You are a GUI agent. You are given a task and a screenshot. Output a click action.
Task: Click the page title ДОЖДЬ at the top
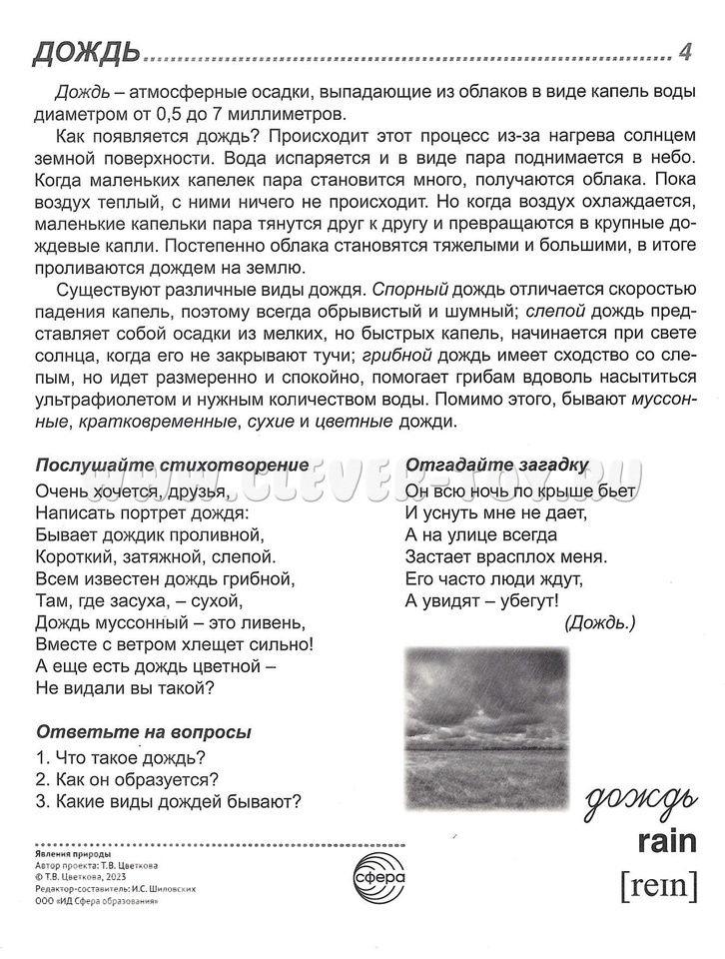(x=84, y=51)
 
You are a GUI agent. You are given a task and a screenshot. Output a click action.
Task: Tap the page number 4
(x=684, y=51)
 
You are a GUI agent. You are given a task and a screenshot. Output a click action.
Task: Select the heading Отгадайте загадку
(x=496, y=466)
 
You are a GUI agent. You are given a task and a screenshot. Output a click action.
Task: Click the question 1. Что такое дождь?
(x=120, y=756)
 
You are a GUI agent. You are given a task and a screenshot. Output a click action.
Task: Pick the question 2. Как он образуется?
(x=127, y=778)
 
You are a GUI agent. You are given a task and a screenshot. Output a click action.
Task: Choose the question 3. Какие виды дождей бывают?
(x=168, y=800)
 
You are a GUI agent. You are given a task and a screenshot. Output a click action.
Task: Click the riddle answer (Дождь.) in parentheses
(x=599, y=623)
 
